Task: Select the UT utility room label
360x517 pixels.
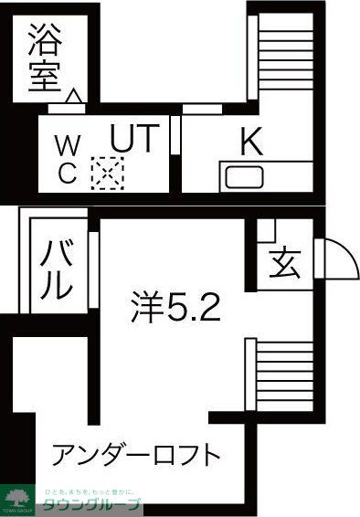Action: [x=135, y=139]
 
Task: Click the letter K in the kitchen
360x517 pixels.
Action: [x=251, y=142]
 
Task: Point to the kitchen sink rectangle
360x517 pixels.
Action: [x=244, y=177]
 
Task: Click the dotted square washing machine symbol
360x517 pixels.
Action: [x=107, y=172]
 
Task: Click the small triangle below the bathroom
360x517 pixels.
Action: [x=75, y=93]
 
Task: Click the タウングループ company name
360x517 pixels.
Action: [x=91, y=503]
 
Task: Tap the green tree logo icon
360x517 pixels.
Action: [x=18, y=497]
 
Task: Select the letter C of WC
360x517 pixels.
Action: [x=68, y=175]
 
